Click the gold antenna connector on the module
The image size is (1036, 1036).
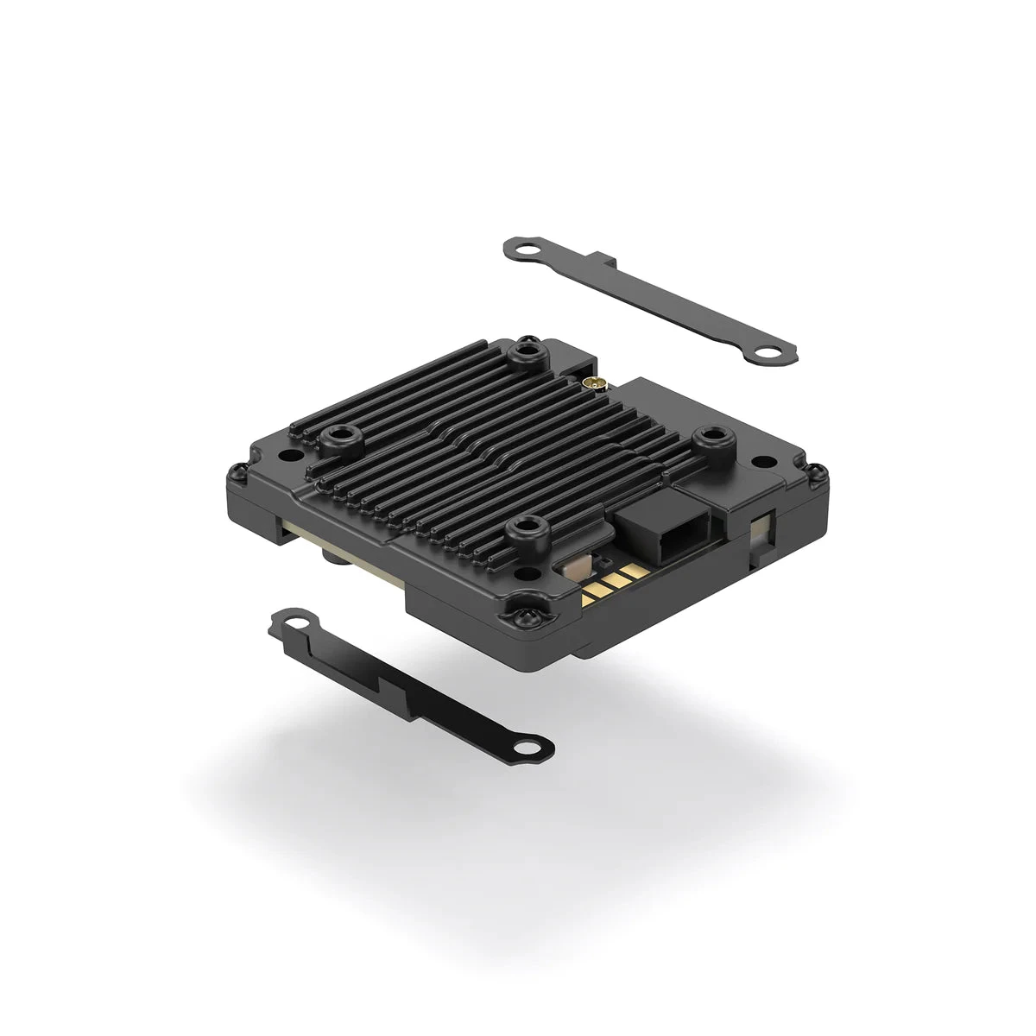point(593,382)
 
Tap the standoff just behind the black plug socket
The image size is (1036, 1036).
point(711,439)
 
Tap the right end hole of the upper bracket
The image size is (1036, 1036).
point(767,352)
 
